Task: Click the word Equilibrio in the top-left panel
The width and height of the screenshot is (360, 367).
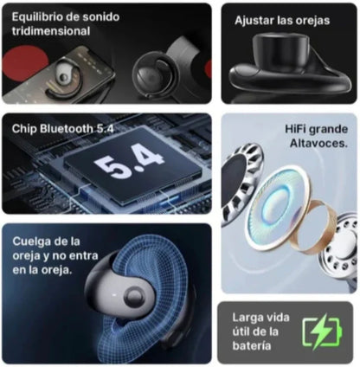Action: pos(35,16)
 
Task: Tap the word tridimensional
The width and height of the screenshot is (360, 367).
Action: pos(50,30)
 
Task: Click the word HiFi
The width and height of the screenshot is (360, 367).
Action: pos(299,129)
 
